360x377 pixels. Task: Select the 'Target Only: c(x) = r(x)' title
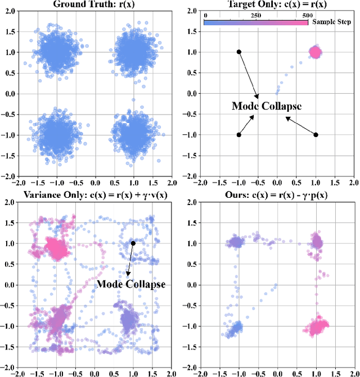pyautogui.click(x=276, y=4)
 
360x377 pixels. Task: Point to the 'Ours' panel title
pyautogui.click(x=276, y=195)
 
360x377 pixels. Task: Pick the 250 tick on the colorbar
pyautogui.click(x=256, y=16)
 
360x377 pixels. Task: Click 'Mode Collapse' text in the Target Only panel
pyautogui.click(x=267, y=106)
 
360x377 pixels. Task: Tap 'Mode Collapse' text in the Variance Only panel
pyautogui.click(x=132, y=284)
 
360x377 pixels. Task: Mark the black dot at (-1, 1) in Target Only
pyautogui.click(x=239, y=52)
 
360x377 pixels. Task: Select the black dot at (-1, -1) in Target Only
pyautogui.click(x=239, y=135)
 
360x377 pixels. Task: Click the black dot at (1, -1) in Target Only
pyautogui.click(x=316, y=135)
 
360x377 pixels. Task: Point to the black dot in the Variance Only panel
pyautogui.click(x=133, y=243)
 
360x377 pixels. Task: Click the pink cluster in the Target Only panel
pyautogui.click(x=315, y=52)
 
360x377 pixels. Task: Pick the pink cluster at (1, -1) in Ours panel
pyautogui.click(x=316, y=326)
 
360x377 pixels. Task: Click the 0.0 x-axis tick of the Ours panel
pyautogui.click(x=277, y=373)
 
